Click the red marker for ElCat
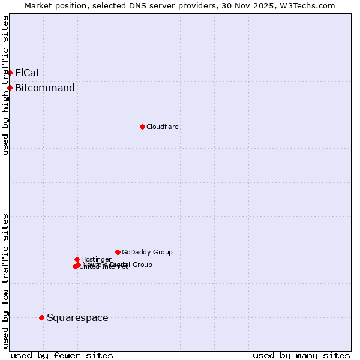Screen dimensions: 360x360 pyautogui.click(x=10, y=73)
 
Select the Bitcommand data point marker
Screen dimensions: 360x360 pyautogui.click(x=10, y=88)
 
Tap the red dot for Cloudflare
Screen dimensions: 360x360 pyautogui.click(x=142, y=127)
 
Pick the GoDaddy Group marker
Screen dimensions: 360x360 pyautogui.click(x=118, y=252)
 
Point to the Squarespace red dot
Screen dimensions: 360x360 pyautogui.click(x=41, y=317)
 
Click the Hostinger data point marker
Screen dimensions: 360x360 pyautogui.click(x=77, y=259)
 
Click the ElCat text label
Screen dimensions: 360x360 pyautogui.click(x=28, y=73)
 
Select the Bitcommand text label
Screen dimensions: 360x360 pyautogui.click(x=45, y=88)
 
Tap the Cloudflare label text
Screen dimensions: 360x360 pyautogui.click(x=163, y=127)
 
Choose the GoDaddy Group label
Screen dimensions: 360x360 pyautogui.click(x=147, y=252)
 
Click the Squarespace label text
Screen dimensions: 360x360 pyautogui.click(x=77, y=317)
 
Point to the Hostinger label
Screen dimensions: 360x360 pyautogui.click(x=96, y=259)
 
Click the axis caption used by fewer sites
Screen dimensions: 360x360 pyautogui.click(x=62, y=355)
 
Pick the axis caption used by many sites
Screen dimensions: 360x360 pyautogui.click(x=301, y=355)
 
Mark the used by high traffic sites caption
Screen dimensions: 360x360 pyautogui.click(x=5, y=85)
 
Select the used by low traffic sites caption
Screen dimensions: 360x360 pyautogui.click(x=5, y=280)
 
